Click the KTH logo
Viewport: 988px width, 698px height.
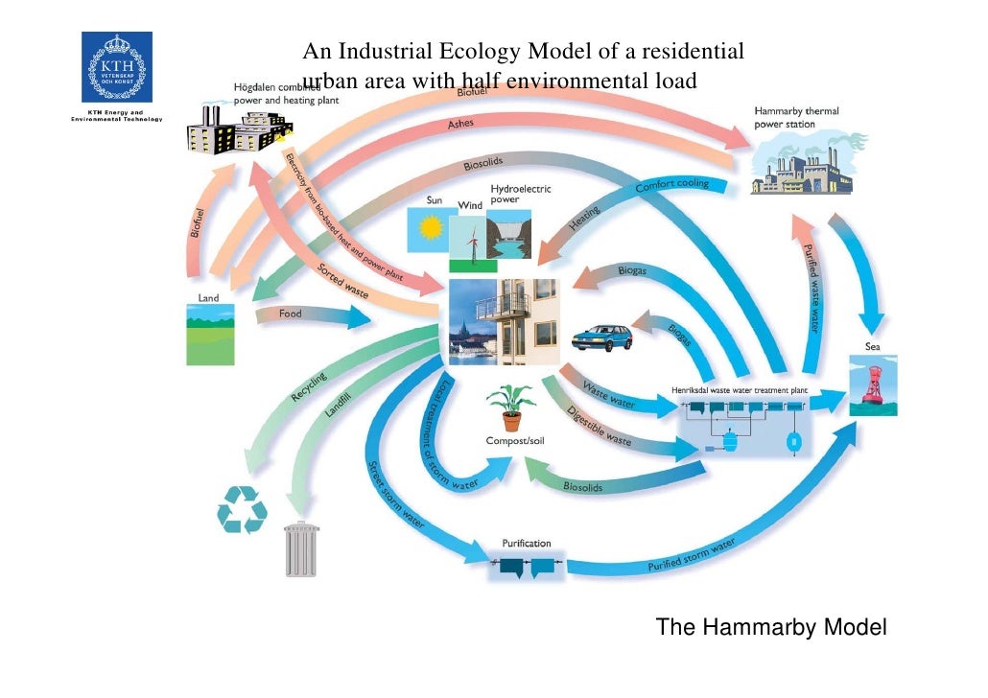coord(116,69)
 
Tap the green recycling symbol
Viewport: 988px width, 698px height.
coord(242,508)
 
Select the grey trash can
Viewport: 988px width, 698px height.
coord(301,548)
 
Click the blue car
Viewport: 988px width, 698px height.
coord(601,337)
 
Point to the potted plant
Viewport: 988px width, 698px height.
coord(510,407)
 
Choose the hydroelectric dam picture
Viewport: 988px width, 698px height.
coord(518,234)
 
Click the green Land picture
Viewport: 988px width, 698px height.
coord(210,335)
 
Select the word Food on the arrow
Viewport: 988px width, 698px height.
coord(290,314)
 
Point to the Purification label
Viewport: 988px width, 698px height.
coord(527,543)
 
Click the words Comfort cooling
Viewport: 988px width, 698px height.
coord(672,186)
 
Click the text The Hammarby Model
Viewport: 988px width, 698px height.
coord(771,628)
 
